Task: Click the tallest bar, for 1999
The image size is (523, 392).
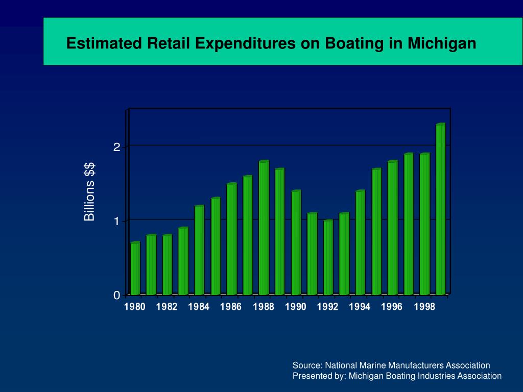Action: (440, 209)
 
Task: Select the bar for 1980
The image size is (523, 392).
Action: (135, 268)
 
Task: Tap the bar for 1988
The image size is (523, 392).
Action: (264, 228)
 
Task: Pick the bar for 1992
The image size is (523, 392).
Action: (328, 257)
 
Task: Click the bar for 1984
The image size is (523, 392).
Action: (199, 250)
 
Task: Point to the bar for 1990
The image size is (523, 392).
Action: (296, 242)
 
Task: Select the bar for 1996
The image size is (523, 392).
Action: (392, 228)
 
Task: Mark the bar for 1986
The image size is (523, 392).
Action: (231, 239)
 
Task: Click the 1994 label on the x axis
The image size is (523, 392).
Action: (360, 307)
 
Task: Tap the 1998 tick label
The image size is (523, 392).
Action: (424, 307)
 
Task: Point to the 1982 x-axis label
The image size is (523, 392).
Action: (167, 307)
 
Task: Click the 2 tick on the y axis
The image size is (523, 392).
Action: (117, 147)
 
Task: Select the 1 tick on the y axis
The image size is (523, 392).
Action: (117, 222)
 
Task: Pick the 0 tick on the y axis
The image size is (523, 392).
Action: (117, 296)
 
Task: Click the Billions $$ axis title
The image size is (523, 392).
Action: (90, 191)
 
